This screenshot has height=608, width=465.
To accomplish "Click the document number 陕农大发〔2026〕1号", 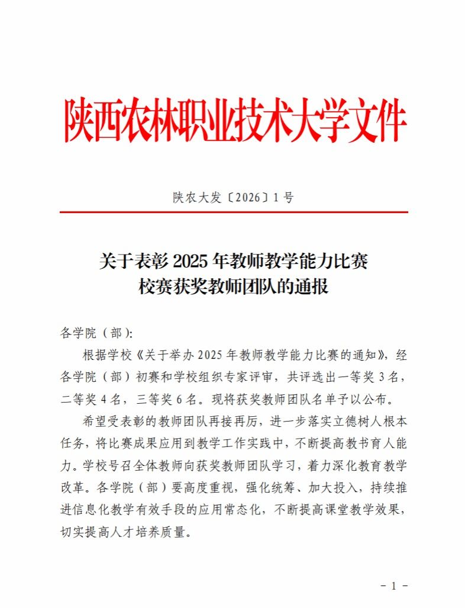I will pos(233,198).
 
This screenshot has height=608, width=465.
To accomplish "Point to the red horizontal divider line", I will pos(233,212).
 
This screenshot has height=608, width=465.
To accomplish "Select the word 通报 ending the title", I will pos(311,287).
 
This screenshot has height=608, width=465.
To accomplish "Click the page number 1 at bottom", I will pos(393,586).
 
